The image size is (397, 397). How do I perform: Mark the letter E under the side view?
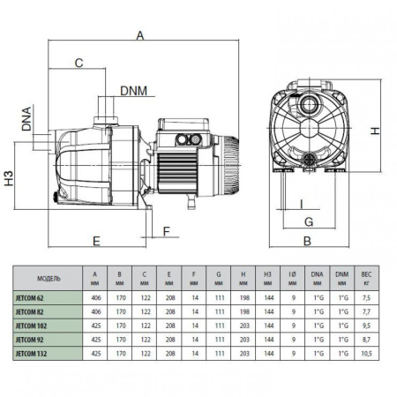pyautogui.click(x=94, y=239)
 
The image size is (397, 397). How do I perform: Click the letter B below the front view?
pyautogui.click(x=306, y=240)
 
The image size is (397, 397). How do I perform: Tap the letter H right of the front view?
pyautogui.click(x=374, y=131)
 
